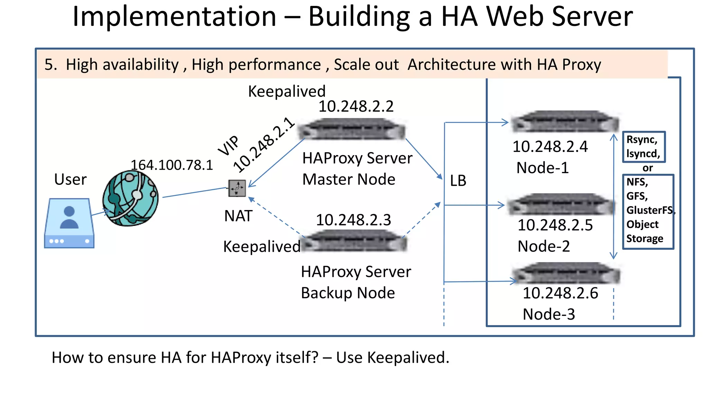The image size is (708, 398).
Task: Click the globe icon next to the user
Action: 130,198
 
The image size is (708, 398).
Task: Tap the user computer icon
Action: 69,223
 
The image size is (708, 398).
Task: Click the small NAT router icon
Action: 237,188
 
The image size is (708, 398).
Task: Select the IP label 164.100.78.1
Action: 172,165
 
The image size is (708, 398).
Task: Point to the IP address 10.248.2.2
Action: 356,106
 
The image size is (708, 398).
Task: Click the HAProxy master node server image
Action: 352,129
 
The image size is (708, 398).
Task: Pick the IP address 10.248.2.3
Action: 353,220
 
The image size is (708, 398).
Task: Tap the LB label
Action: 458,181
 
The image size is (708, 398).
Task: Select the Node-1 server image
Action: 565,122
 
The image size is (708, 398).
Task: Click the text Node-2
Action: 543,246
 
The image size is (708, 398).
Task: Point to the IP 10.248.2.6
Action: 560,293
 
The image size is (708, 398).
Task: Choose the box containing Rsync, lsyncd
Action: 643,147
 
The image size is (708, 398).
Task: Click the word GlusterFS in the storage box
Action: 649,210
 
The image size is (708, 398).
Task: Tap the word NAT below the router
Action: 238,216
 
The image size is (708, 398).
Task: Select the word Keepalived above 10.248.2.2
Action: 287,92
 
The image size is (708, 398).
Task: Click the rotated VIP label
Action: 229,145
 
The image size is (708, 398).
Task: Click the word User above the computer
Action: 70,180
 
